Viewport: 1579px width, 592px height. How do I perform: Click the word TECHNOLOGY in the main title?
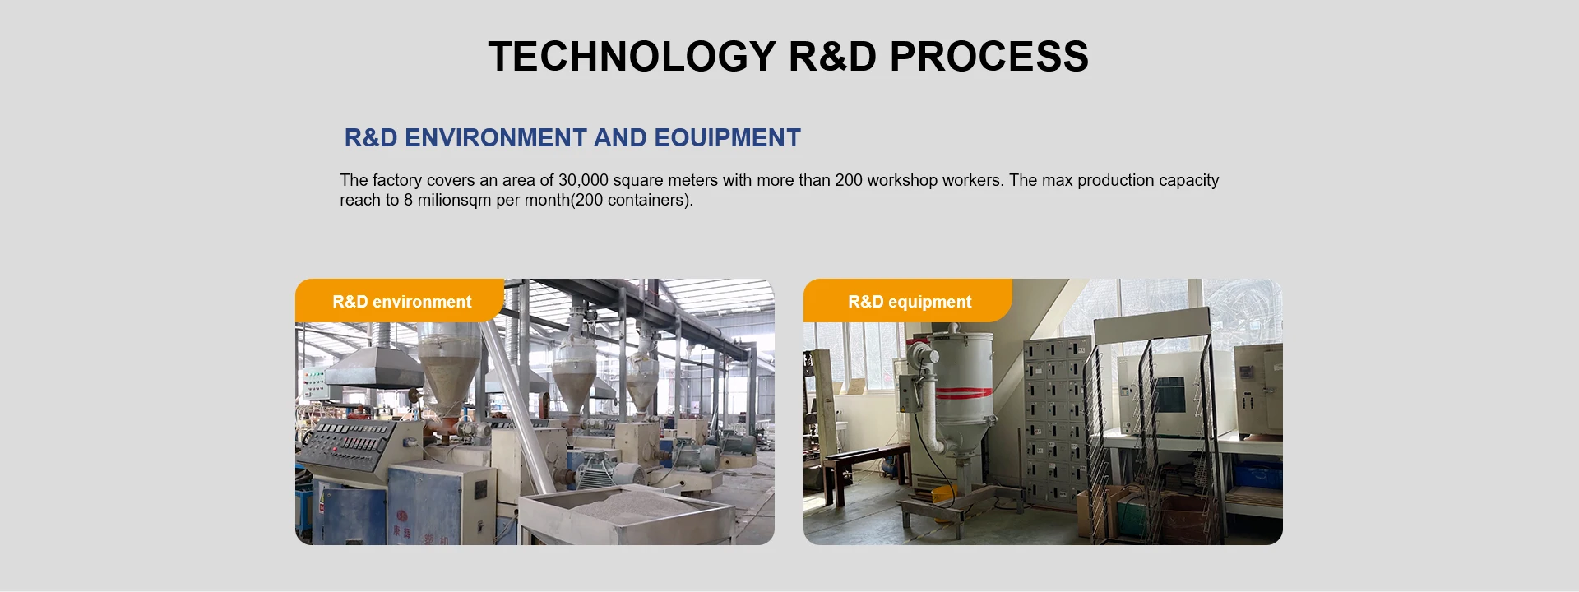[632, 56]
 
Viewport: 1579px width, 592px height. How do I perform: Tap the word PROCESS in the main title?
[989, 56]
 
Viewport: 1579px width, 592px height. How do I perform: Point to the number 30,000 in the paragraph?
[583, 180]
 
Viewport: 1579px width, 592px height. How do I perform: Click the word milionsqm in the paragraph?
[454, 200]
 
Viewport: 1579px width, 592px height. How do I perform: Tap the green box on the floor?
[1130, 518]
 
